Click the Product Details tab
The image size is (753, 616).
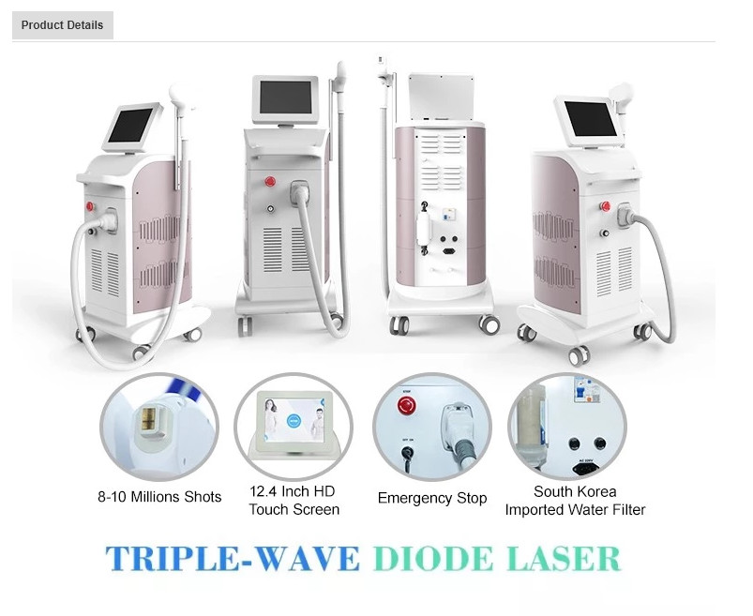pos(63,25)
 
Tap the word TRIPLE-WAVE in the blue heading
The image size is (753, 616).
pos(233,558)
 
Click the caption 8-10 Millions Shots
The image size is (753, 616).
pos(159,496)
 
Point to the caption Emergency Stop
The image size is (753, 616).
pos(432,498)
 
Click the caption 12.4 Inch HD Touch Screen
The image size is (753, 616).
pos(294,501)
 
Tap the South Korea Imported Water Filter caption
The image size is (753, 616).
pos(575,501)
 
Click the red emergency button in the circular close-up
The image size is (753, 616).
pos(407,406)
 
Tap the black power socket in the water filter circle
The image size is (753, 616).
pos(585,467)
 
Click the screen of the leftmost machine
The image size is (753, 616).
pos(130,126)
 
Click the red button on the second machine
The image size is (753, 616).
pos(270,182)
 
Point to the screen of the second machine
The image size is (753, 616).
pos(286,97)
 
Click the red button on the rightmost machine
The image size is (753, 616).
pos(605,206)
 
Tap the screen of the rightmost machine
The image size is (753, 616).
pos(590,118)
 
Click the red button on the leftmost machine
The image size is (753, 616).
pos(90,206)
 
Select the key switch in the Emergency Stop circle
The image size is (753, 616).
pos(408,453)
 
